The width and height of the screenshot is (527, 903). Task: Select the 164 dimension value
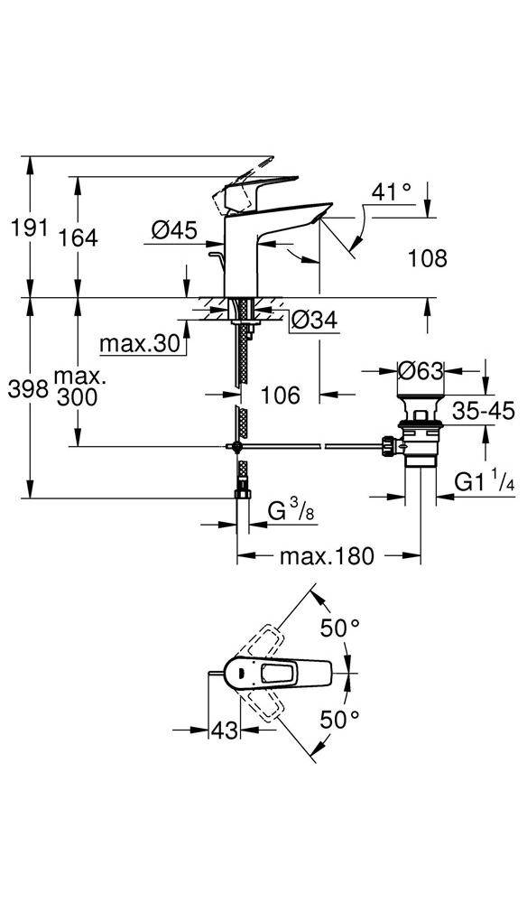[x=79, y=237]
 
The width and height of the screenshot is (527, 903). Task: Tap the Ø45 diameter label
[x=174, y=230]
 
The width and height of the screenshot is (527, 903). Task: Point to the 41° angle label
[x=392, y=191]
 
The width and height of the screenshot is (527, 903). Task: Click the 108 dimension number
[x=428, y=258]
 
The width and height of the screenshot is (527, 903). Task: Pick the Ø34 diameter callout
[x=314, y=320]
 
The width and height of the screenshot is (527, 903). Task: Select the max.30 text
[x=140, y=344]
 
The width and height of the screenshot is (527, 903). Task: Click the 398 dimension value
[x=27, y=390]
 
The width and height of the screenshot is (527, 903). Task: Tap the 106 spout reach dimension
[x=280, y=396]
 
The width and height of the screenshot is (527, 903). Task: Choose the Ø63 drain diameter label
[x=421, y=370]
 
